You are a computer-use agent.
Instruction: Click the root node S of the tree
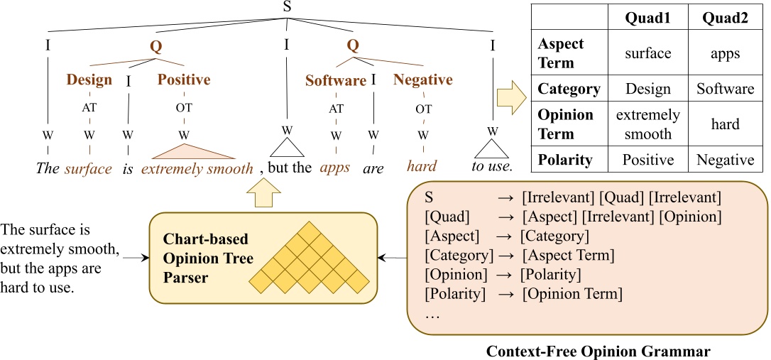click(x=287, y=6)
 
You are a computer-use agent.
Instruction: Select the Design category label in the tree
click(x=89, y=80)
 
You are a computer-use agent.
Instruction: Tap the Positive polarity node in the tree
click(x=184, y=80)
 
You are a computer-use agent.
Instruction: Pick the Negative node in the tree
click(x=423, y=80)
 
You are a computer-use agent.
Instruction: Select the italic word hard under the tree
click(x=422, y=167)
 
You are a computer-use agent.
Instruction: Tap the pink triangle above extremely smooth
click(x=186, y=152)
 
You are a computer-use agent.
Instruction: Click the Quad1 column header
click(x=647, y=18)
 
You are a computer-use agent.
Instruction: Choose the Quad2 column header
click(x=726, y=18)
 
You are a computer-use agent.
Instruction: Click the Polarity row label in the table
click(x=565, y=160)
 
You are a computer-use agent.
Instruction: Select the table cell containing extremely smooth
click(x=647, y=124)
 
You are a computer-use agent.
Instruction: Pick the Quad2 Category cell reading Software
click(x=726, y=89)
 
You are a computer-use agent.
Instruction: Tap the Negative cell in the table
click(x=726, y=160)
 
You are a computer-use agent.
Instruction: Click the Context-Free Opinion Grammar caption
click(x=598, y=351)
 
